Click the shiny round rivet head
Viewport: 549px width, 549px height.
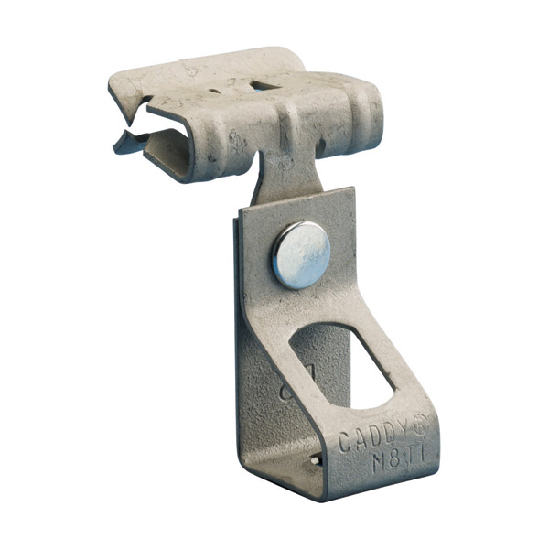(x=300, y=254)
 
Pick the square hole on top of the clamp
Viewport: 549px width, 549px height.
(x=264, y=84)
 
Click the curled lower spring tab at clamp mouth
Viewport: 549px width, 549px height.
(x=128, y=142)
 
